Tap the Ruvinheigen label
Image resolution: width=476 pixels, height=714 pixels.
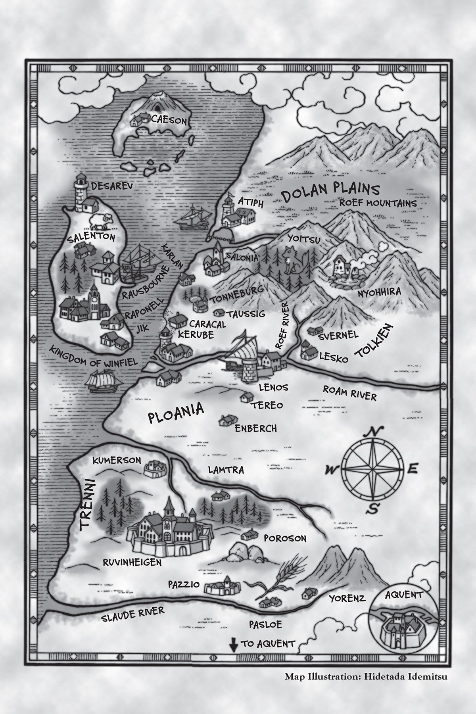(132, 562)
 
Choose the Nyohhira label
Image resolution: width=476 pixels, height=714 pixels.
(379, 292)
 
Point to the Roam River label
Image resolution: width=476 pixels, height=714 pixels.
(349, 392)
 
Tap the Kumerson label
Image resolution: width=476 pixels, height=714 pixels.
(117, 460)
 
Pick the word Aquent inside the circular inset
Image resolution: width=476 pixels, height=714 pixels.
(404, 595)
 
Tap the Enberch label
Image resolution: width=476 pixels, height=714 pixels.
(255, 428)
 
